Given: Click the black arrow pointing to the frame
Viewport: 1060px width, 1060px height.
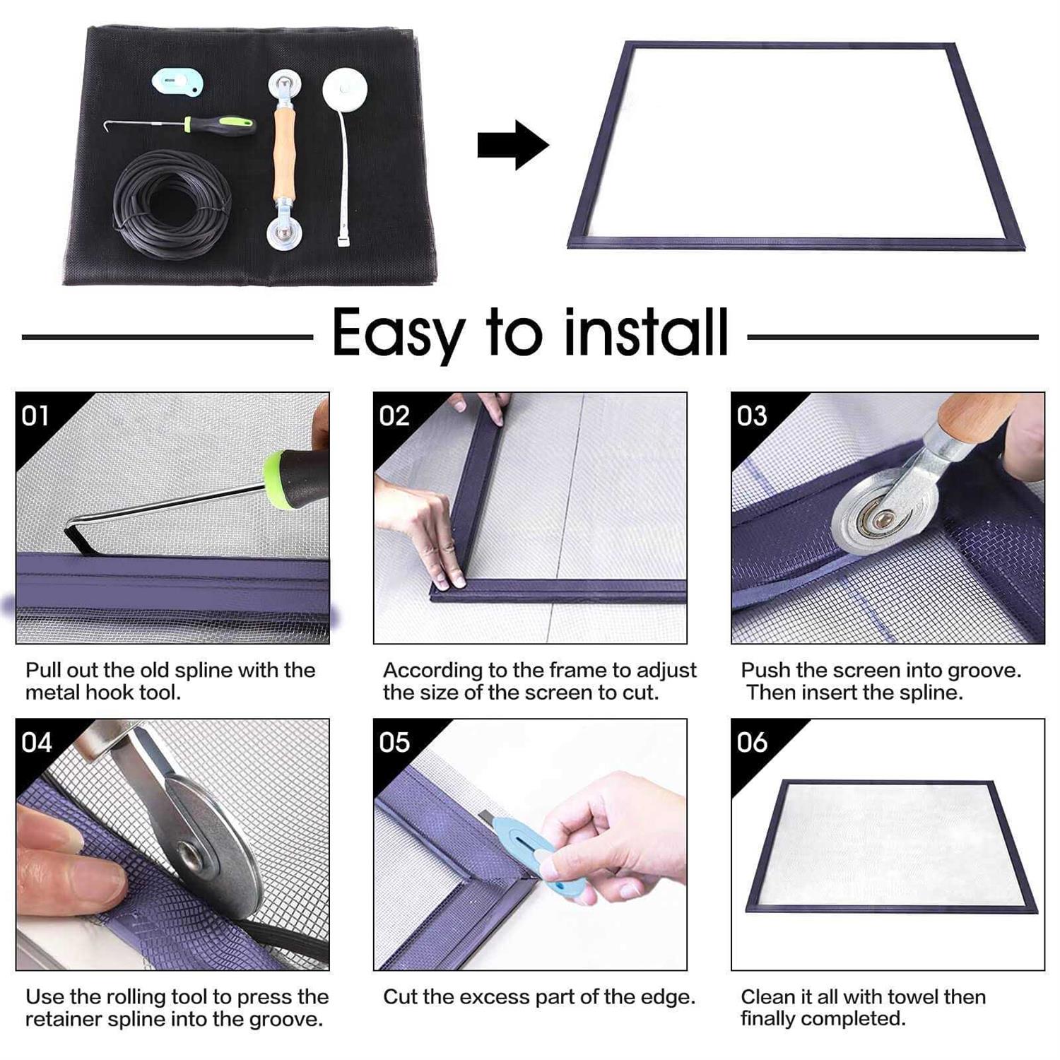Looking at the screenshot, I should click(x=512, y=145).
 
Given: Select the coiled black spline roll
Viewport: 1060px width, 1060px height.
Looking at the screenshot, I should click(x=172, y=204).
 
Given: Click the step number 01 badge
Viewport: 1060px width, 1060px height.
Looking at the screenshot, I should click(x=35, y=416).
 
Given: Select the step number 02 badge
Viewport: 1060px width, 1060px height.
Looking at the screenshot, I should click(x=394, y=416).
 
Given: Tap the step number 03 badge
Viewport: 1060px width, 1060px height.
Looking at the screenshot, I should click(x=751, y=416).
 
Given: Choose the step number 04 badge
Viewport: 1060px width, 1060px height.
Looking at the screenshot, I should click(x=35, y=743).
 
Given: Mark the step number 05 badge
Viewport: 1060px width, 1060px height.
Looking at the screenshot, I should click(x=394, y=743).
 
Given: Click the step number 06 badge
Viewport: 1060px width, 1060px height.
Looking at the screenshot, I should click(x=751, y=743).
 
